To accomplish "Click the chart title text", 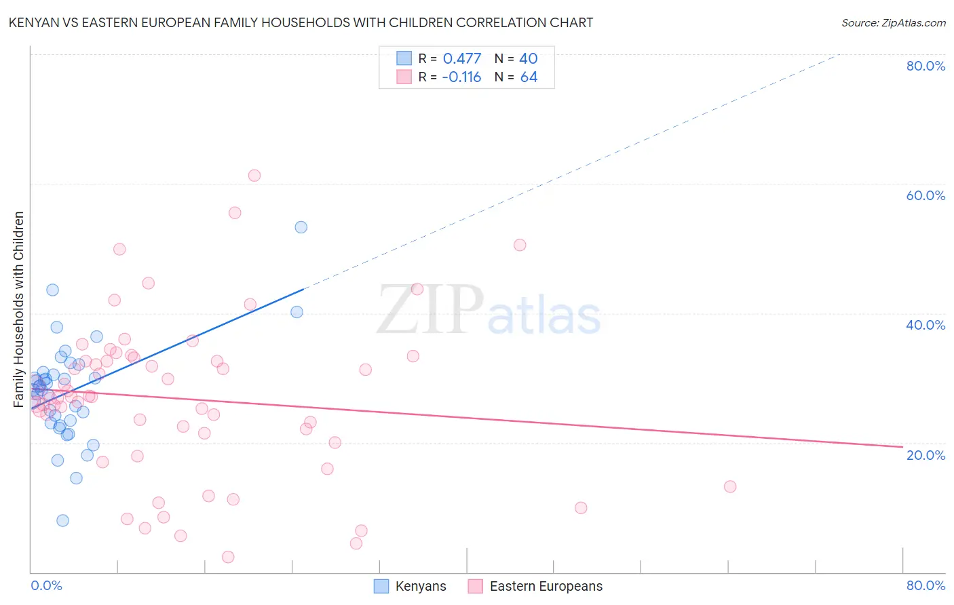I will tap(301, 22).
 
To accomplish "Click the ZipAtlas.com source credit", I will tap(893, 22).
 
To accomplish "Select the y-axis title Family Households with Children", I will tap(19, 309).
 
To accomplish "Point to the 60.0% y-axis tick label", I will tap(926, 195).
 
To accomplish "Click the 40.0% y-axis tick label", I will tap(926, 325).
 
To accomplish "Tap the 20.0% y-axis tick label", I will tap(926, 455).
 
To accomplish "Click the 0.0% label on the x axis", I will tap(46, 585).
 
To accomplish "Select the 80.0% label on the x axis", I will tap(926, 585).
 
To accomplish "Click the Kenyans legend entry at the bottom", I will tap(411, 586).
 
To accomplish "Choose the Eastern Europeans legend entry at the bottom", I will tap(535, 586).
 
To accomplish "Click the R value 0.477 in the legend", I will tap(461, 58).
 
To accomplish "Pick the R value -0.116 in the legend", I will tap(461, 77).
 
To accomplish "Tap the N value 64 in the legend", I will tap(529, 77).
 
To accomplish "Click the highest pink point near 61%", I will tap(254, 175).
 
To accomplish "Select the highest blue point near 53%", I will tap(301, 227).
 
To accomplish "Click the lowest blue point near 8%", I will tap(62, 520).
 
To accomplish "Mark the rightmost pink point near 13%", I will tap(730, 486).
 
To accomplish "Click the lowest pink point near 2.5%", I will tap(228, 557).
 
